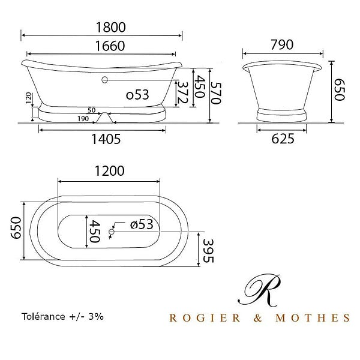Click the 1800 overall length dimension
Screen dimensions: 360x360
pyautogui.click(x=110, y=28)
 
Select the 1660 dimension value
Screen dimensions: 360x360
pyautogui.click(x=110, y=46)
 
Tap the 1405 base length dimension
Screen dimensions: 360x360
pyautogui.click(x=106, y=139)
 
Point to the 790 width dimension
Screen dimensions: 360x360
pyautogui.click(x=282, y=45)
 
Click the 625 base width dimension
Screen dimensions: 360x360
pyautogui.click(x=283, y=139)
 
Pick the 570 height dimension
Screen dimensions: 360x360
pyautogui.click(x=216, y=94)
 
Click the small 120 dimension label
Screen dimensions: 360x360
pyautogui.click(x=28, y=98)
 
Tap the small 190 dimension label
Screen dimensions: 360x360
pyautogui.click(x=83, y=119)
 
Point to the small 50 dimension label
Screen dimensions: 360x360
pyautogui.click(x=92, y=110)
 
